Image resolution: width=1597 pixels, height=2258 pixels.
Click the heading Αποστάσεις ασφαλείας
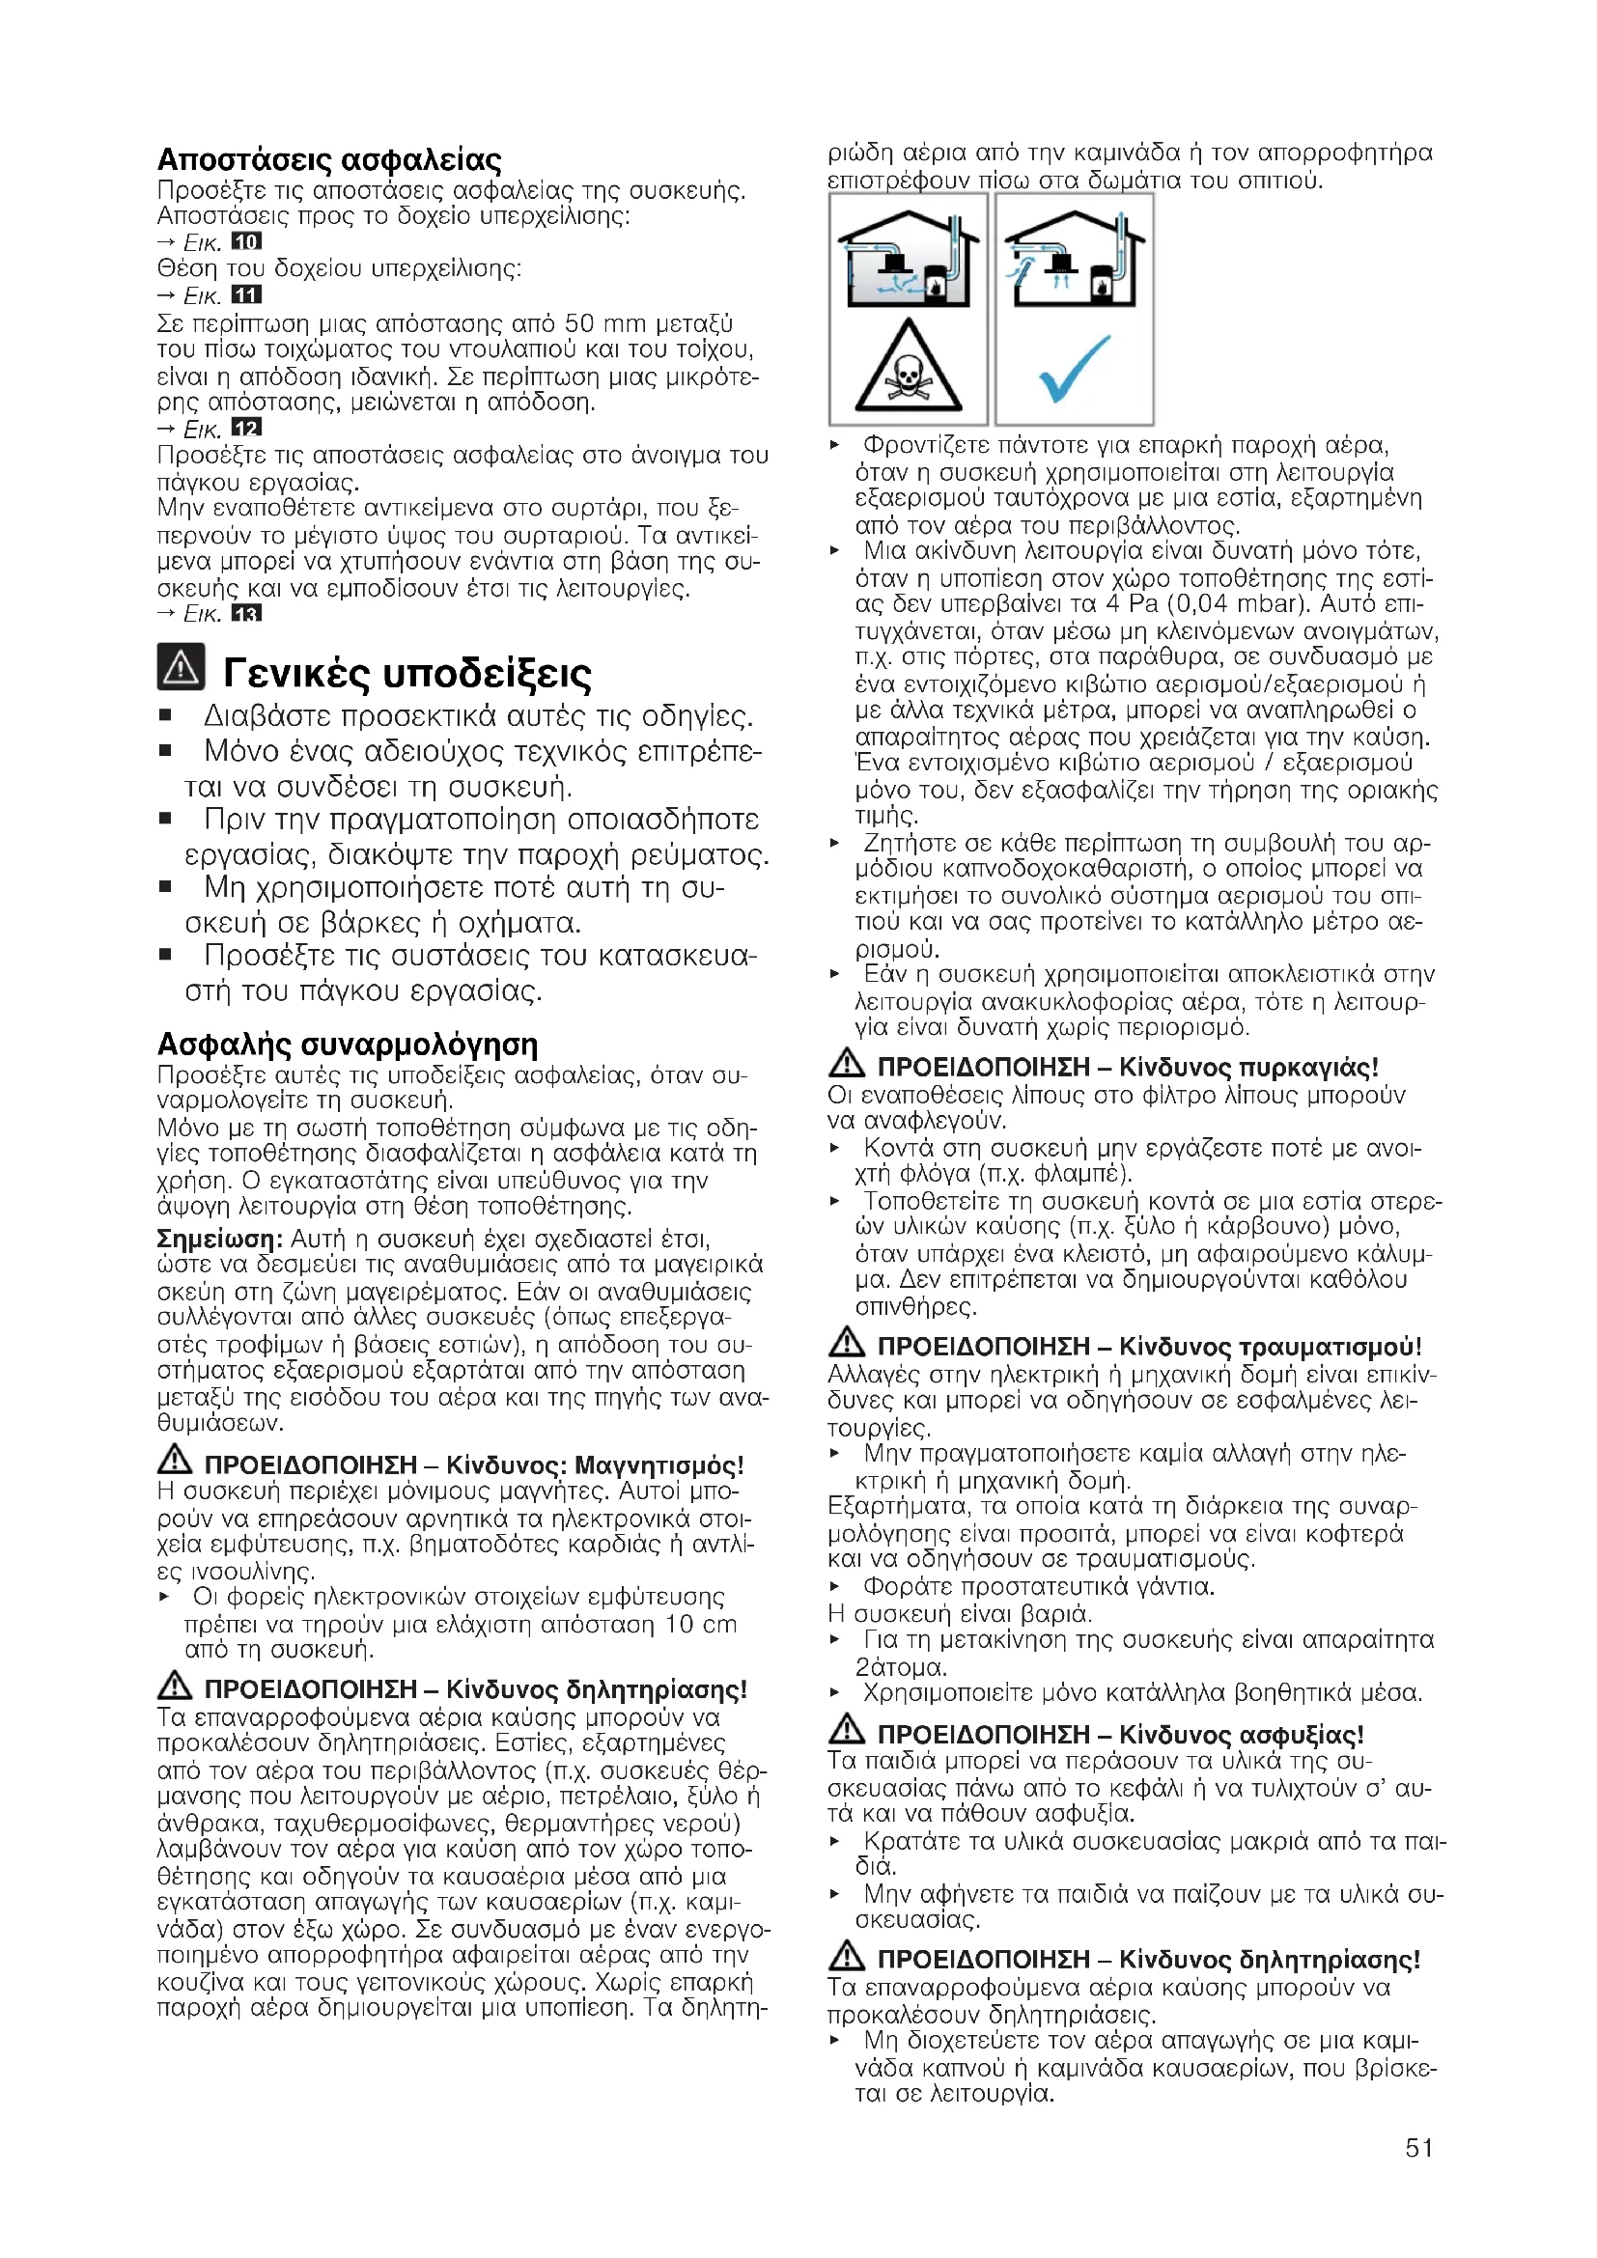click(328, 159)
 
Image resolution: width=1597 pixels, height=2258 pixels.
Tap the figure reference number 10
click(246, 242)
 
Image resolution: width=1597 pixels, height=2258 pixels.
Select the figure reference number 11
click(246, 295)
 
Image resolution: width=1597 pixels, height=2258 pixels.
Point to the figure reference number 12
click(246, 428)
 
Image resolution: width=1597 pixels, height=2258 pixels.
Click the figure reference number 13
click(246, 614)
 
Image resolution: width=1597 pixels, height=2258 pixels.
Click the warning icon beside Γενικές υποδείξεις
click(181, 667)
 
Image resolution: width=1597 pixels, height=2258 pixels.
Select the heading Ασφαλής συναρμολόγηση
click(348, 1044)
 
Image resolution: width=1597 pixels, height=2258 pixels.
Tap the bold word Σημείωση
click(219, 1239)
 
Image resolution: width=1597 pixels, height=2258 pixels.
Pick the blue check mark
click(1074, 369)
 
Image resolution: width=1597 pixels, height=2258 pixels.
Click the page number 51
click(1418, 2147)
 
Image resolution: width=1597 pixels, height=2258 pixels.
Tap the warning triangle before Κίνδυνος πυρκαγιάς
click(847, 1063)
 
